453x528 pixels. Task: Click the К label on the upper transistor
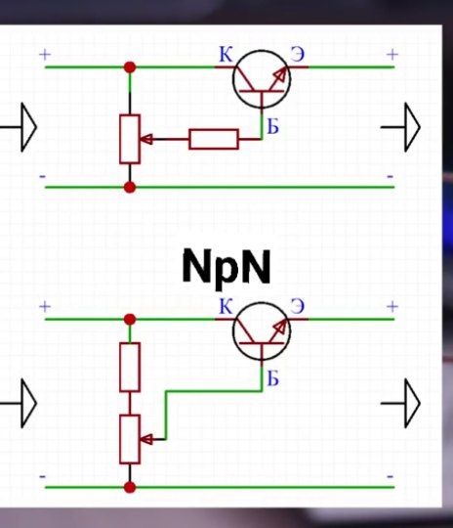tap(226, 54)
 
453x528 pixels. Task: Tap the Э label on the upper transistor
tap(298, 54)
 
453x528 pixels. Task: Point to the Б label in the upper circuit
tap(272, 127)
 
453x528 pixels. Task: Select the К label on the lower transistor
tap(226, 306)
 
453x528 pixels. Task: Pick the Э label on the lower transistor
tap(298, 306)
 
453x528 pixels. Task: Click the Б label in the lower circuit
tap(272, 378)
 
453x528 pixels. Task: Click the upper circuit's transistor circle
tap(233, 79)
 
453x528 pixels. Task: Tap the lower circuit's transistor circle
tap(233, 331)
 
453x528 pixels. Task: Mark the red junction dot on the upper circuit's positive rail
tap(130, 67)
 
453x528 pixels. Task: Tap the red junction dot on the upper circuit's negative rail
tap(130, 187)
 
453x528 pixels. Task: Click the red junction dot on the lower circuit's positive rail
tap(130, 319)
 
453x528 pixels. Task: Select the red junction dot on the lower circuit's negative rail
tap(130, 487)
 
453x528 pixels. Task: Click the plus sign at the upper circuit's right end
tap(392, 54)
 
